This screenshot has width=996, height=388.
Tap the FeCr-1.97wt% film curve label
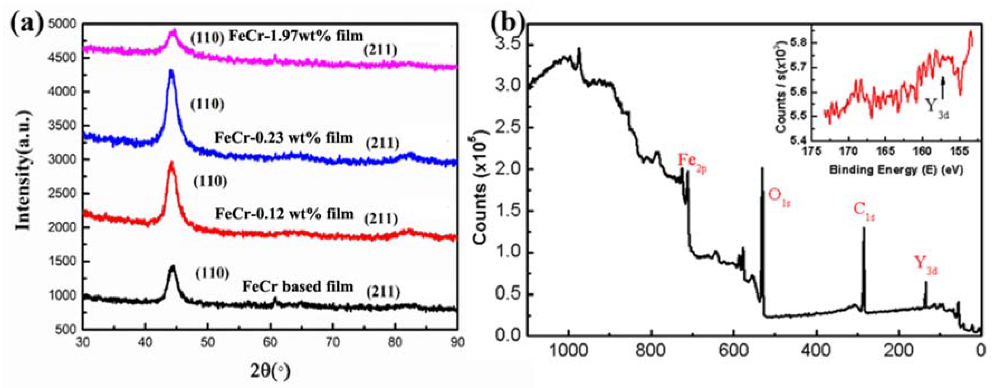[296, 36]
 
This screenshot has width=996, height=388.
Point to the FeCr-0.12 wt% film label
[284, 214]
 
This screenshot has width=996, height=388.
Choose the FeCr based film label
[298, 286]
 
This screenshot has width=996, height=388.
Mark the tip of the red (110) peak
[171, 163]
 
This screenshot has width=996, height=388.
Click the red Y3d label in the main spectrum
[926, 265]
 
